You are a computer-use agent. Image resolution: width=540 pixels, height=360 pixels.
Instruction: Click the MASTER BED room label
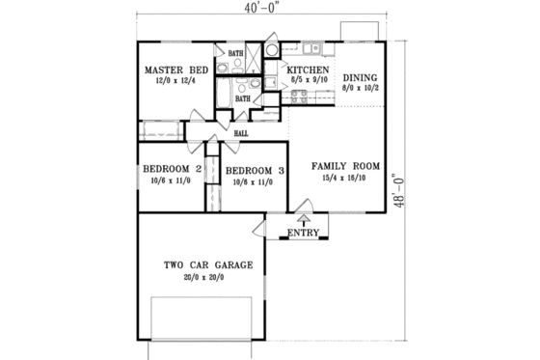click(175, 71)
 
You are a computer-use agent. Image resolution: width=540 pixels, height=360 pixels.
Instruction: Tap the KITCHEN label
click(309, 71)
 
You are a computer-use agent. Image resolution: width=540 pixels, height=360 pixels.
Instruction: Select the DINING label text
click(361, 77)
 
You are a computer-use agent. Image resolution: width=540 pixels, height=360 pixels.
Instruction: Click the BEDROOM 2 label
click(172, 170)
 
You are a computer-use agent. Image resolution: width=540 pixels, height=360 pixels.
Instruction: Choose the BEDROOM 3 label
click(255, 171)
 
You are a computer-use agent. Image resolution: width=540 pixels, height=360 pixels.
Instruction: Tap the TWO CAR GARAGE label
click(207, 264)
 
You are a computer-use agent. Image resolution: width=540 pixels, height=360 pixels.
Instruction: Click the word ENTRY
click(304, 232)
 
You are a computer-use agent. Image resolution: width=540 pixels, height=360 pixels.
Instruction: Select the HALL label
click(243, 134)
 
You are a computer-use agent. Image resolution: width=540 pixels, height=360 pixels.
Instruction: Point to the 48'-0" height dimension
click(418, 184)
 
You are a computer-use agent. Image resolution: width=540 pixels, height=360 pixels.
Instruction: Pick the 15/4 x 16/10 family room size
click(344, 179)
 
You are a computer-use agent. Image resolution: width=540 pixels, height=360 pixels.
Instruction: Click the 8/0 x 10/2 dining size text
click(361, 89)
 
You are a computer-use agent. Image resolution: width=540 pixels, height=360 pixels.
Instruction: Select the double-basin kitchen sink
click(312, 47)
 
